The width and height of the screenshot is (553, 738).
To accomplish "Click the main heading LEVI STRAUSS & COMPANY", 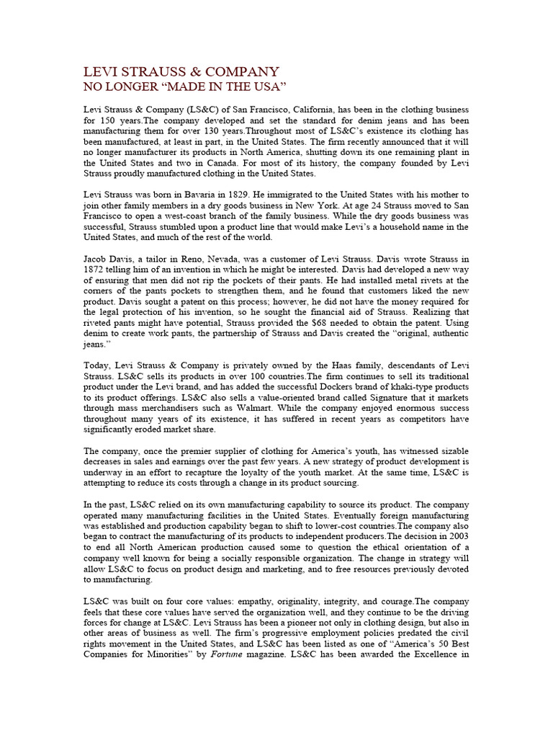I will tap(181, 71).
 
